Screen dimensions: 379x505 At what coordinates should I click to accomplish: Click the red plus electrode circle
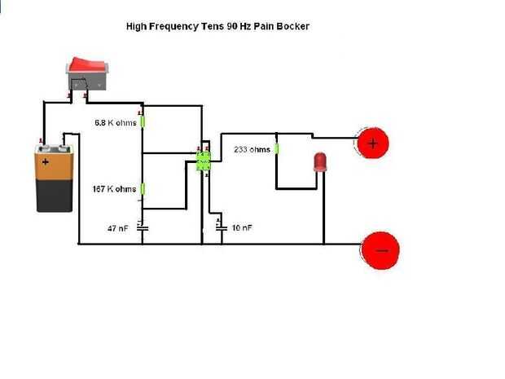tap(373, 144)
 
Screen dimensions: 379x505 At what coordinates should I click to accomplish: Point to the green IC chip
tap(204, 159)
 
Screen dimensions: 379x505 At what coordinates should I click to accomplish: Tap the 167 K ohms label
tap(115, 189)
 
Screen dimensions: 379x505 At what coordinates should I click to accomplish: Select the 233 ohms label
tap(252, 150)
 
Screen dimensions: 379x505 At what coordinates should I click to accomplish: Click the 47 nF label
tap(118, 228)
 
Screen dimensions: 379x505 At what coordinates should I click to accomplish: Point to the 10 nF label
tap(241, 227)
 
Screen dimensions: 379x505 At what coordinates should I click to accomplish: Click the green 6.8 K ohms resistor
tap(143, 121)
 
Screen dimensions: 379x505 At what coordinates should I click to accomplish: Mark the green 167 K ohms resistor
tap(143, 189)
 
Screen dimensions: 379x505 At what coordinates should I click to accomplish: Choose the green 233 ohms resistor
tap(277, 149)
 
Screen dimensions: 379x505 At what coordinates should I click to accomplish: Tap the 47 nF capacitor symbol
tap(143, 227)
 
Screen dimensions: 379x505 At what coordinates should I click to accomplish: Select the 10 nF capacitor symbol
tap(220, 227)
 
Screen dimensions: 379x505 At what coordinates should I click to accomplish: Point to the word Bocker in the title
tap(292, 26)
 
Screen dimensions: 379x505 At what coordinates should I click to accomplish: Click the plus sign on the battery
tap(46, 162)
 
